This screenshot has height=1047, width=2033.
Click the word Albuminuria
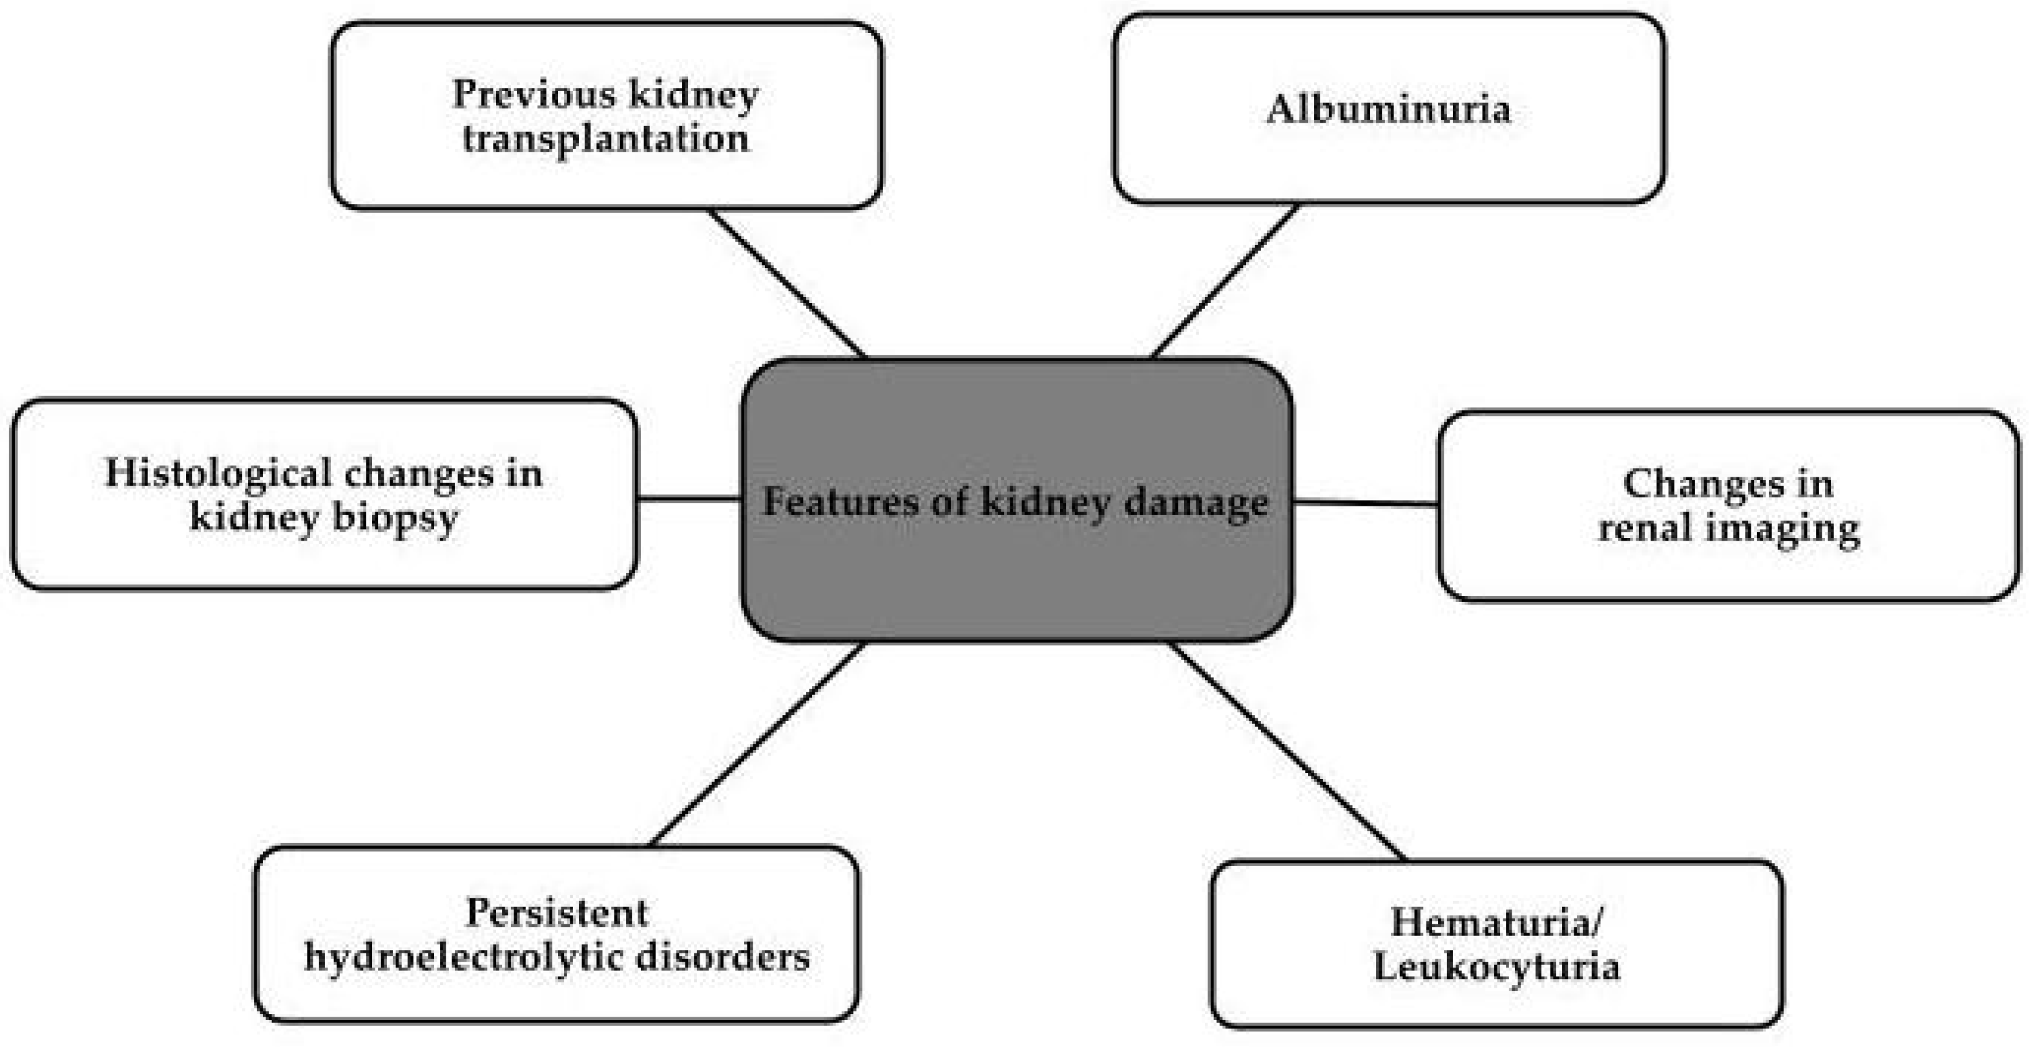(1388, 109)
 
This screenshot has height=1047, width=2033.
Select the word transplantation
(605, 139)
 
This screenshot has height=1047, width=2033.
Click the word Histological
(218, 473)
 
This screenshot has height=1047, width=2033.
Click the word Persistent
(556, 913)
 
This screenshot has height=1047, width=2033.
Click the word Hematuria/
(1496, 922)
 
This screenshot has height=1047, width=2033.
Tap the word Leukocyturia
(1496, 966)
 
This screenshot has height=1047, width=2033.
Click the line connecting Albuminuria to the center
(1225, 281)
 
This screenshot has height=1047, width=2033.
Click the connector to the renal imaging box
(1364, 502)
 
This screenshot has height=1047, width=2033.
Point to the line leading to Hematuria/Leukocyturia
(1288, 751)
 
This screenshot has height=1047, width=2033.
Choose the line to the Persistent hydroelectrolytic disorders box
(758, 744)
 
